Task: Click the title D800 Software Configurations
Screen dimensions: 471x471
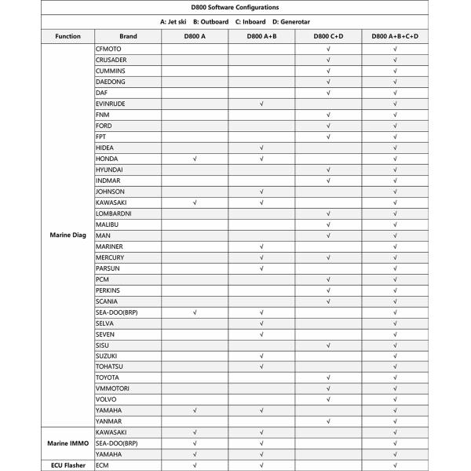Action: tap(235, 8)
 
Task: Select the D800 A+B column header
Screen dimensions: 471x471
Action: tap(261, 36)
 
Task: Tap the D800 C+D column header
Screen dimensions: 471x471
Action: tap(328, 36)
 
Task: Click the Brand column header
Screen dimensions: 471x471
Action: tap(128, 36)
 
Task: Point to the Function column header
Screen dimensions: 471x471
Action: tap(68, 36)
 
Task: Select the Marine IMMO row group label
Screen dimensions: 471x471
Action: tap(68, 444)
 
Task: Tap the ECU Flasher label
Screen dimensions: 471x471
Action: tap(68, 466)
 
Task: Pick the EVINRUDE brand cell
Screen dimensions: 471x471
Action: tap(110, 104)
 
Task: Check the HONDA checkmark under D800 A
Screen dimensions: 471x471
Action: tap(195, 159)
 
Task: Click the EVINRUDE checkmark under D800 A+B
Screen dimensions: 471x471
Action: tap(261, 104)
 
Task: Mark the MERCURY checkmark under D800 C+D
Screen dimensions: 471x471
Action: tap(328, 257)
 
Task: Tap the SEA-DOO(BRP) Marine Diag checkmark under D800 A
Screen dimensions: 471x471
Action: tap(195, 312)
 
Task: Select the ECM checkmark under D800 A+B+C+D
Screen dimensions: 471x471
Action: tap(396, 466)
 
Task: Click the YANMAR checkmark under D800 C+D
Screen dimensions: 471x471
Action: tap(328, 422)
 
